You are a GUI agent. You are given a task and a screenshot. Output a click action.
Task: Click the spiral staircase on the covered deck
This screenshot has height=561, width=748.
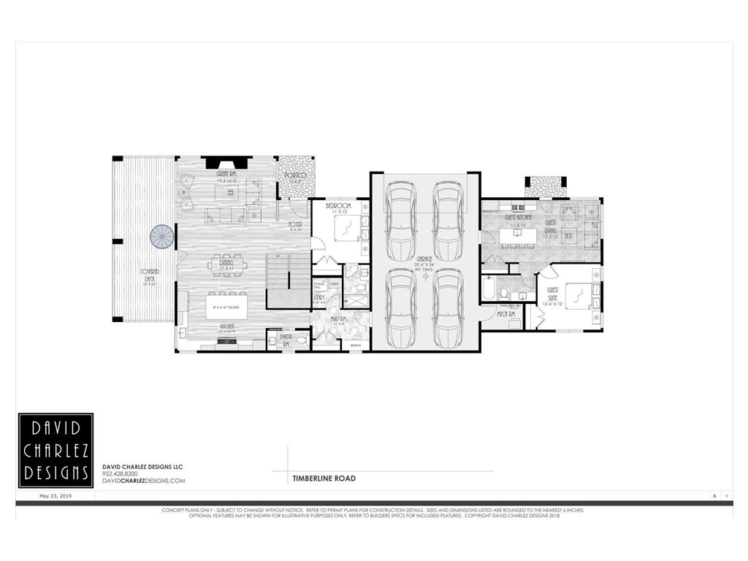[x=162, y=237]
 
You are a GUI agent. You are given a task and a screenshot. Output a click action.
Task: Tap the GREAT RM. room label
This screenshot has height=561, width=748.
[x=226, y=175]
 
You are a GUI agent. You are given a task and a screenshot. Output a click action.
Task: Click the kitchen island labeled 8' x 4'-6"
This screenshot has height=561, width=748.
[x=226, y=307]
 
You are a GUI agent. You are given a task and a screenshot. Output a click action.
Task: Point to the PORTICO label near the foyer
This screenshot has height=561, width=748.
[x=295, y=175]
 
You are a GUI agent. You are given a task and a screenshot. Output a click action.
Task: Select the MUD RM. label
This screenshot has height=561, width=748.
[x=338, y=319]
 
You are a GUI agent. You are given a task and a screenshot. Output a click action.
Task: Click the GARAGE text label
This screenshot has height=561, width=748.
[x=424, y=259]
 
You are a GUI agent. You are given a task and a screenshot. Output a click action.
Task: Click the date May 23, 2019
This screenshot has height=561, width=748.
[x=55, y=495]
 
